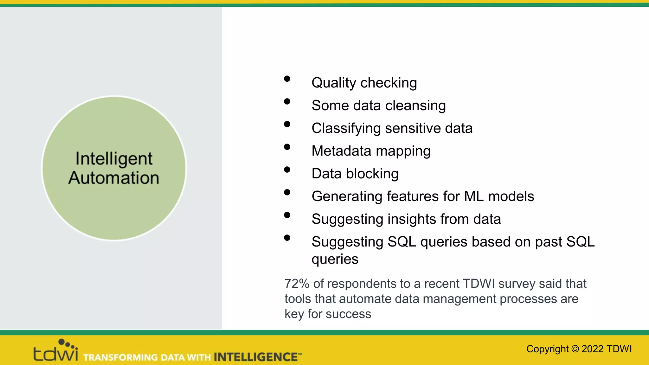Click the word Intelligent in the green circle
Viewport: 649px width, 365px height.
[114, 158]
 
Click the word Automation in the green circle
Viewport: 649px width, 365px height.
[114, 178]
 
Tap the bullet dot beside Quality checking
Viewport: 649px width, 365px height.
[287, 79]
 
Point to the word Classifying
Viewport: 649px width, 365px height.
[346, 129]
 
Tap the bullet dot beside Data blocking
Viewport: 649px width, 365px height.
[287, 170]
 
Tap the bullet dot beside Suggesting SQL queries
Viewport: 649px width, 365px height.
[287, 238]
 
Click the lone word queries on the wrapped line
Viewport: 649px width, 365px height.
[335, 259]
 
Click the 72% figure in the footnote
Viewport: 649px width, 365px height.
[297, 284]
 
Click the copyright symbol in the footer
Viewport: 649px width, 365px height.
[575, 349]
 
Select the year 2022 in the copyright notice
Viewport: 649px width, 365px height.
[592, 349]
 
